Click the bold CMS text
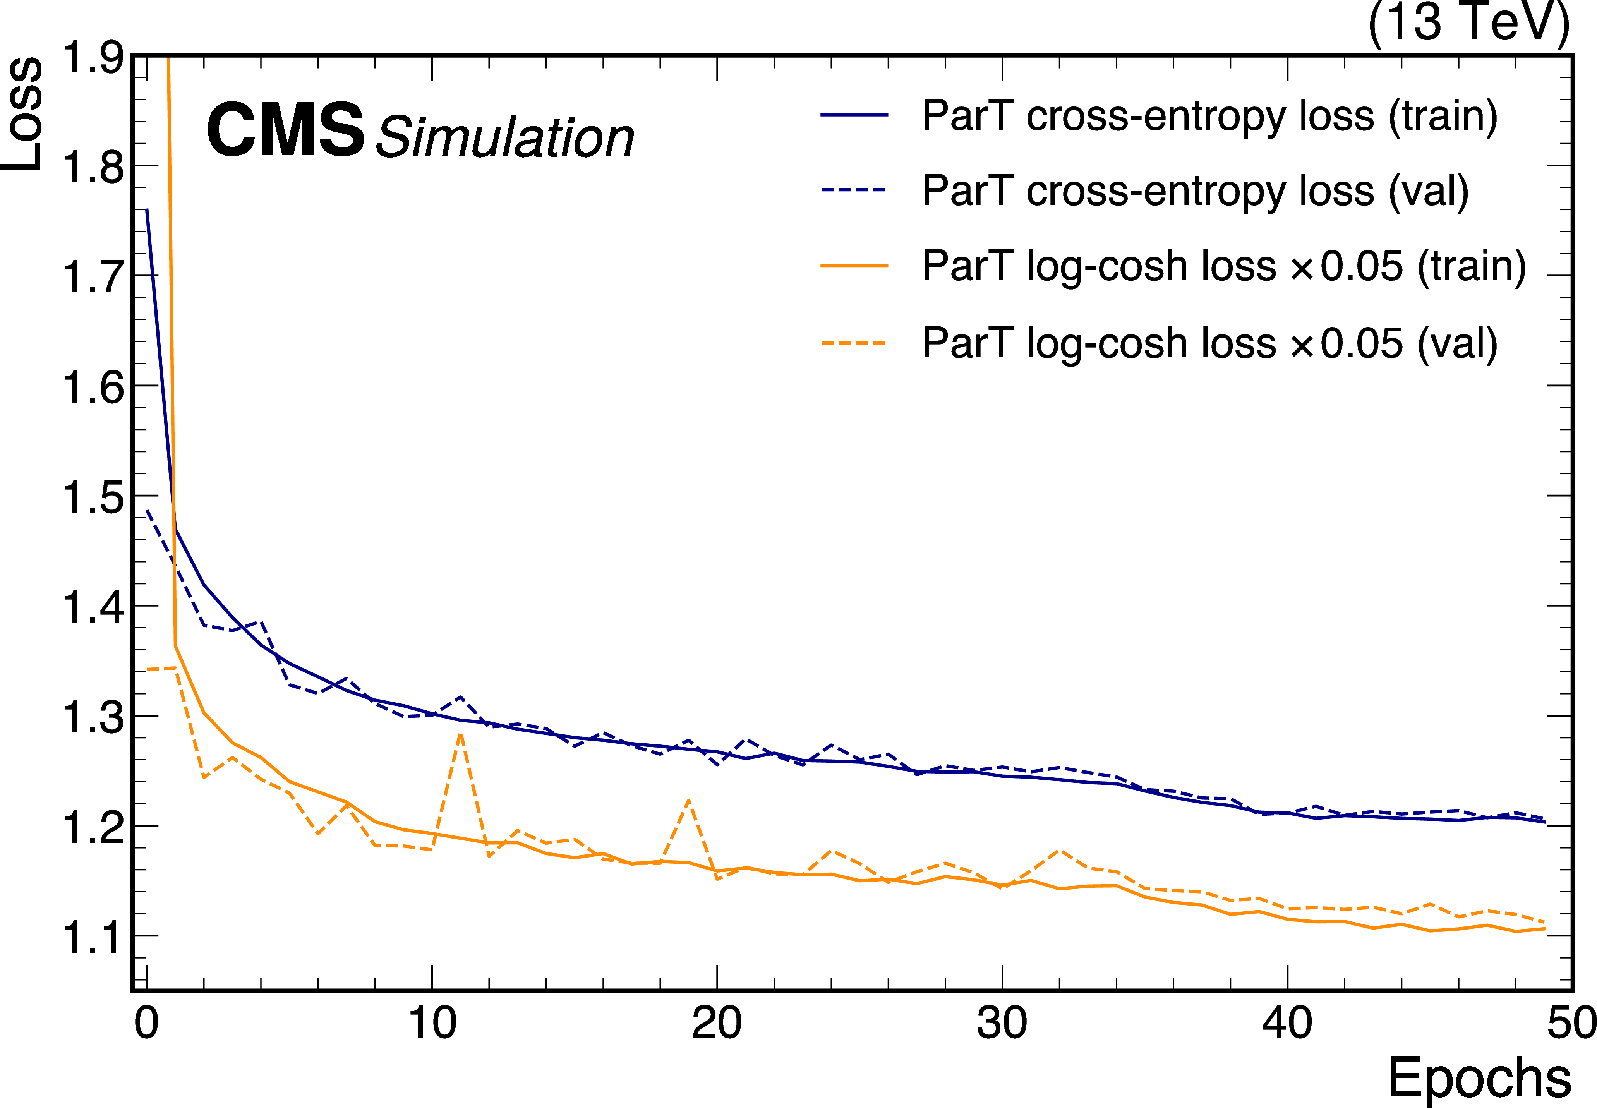(x=285, y=129)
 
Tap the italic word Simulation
(x=504, y=137)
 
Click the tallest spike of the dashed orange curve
(x=460, y=734)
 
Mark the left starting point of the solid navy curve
(x=147, y=209)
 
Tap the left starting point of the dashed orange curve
(x=147, y=669)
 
